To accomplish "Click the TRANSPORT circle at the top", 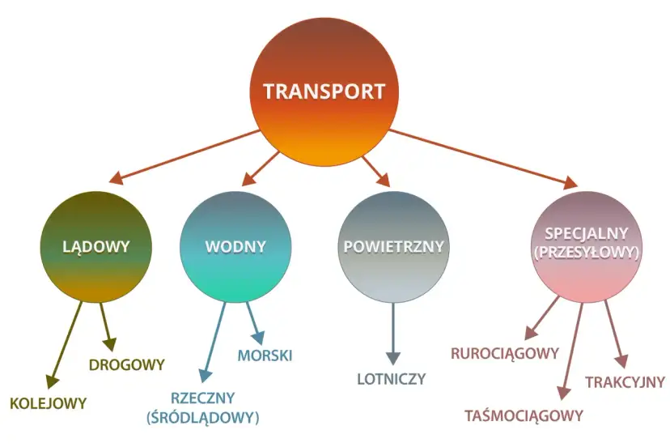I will point(324,91).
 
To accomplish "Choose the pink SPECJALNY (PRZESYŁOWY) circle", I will point(587,244).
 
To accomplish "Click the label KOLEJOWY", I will point(48,402).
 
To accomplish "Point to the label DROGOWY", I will point(126,364).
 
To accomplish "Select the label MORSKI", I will point(265,355).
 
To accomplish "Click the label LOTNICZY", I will point(392,378).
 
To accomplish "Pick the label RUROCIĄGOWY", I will point(505,353).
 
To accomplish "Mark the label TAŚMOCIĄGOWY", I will point(524,415).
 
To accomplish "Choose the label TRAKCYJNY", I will point(625,381).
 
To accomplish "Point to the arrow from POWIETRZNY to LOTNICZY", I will point(393,332).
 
